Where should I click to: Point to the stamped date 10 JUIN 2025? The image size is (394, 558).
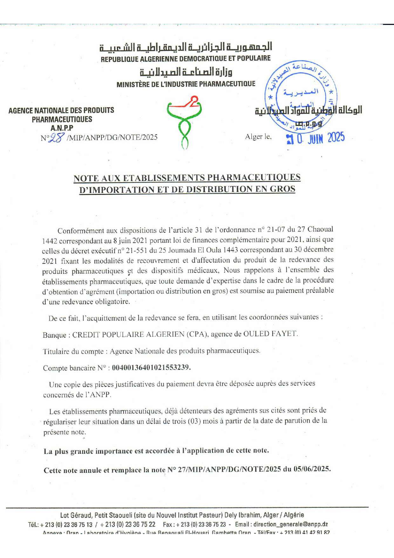coord(315,138)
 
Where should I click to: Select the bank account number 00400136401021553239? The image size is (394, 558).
coord(151,367)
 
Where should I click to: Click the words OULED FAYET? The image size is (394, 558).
coord(270,334)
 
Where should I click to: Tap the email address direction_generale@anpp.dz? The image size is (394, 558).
coord(290,524)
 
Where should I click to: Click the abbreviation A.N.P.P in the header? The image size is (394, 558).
coord(62,128)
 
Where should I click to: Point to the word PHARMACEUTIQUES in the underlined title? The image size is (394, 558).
coord(254,177)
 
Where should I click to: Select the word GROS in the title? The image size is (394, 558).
coord(282,189)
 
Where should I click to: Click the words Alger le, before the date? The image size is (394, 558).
coord(258,137)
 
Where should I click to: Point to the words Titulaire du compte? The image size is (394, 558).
coord(73,351)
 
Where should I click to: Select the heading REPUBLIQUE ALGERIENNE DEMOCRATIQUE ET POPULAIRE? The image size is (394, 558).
coord(186,59)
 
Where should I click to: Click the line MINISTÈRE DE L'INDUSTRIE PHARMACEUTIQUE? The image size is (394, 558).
coord(186,84)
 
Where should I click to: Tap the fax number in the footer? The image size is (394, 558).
coord(201,524)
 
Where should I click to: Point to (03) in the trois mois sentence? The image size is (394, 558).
coord(194,421)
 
